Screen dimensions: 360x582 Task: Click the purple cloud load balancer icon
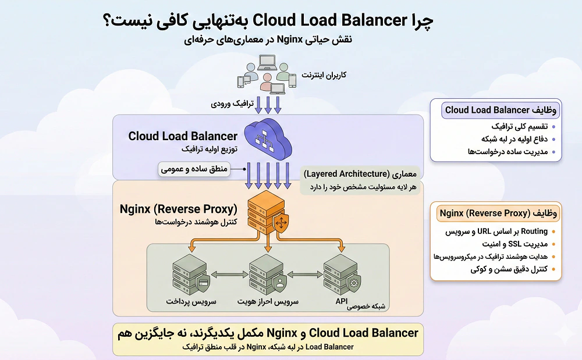coord(267,140)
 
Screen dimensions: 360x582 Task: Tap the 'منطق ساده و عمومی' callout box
coord(194,170)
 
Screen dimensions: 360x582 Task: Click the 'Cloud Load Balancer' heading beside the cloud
coord(183,136)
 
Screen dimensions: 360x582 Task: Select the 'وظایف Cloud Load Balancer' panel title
coord(496,110)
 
